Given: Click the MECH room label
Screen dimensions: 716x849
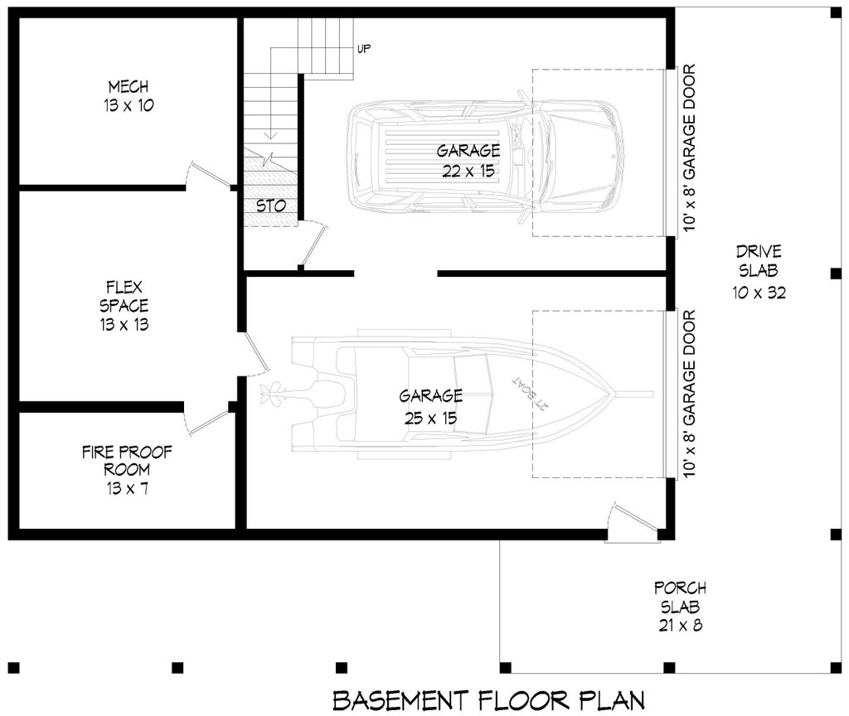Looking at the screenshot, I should (x=128, y=95).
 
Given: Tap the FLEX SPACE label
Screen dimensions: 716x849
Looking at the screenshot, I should (x=128, y=305).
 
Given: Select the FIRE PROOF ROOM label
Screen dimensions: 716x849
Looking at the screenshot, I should (x=128, y=470).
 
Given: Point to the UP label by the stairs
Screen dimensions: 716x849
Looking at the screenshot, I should (x=363, y=49).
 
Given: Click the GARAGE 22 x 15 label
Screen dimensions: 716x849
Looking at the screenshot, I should (x=468, y=161).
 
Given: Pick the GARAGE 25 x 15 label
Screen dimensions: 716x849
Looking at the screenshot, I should (x=430, y=406).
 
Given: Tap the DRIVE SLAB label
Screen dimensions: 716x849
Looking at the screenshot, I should (x=758, y=261).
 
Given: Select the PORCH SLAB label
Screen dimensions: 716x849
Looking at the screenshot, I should (x=680, y=606).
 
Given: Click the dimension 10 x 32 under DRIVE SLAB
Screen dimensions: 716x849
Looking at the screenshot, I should (x=758, y=292).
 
